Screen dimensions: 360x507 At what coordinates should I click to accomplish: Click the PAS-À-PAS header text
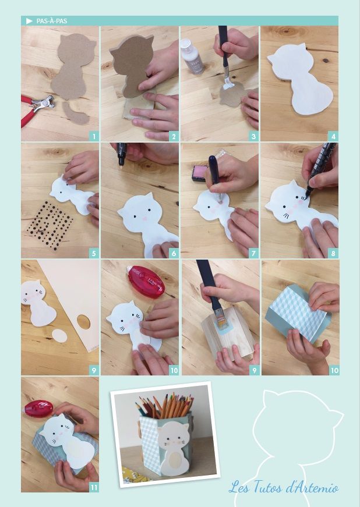pos(52,21)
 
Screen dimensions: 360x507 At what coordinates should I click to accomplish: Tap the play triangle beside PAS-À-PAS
pos(30,21)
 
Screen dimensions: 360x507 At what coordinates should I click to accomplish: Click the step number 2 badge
pos(174,136)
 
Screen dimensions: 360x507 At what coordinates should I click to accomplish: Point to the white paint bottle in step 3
pos(192,56)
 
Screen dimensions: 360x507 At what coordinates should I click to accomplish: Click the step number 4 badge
pos(333,136)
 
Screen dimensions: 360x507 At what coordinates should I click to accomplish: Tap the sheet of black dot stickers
pos(49,225)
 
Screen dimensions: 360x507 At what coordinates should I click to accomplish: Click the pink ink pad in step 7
pos(198,173)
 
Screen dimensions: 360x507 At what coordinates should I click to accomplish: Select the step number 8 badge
pos(333,254)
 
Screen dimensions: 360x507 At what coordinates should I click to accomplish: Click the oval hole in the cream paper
pos(84,322)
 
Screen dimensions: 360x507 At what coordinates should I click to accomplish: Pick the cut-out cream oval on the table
pos(59,336)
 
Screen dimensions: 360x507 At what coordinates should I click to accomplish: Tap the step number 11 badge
pos(94,488)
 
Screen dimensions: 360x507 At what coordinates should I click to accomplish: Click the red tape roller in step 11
pos(39,409)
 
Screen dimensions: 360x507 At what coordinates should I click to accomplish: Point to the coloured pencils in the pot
pos(165,406)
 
